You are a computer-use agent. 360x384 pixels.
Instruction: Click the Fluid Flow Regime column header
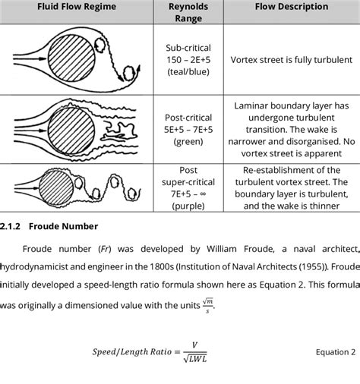[x=71, y=7]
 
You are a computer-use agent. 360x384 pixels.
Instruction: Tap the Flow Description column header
[x=287, y=7]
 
